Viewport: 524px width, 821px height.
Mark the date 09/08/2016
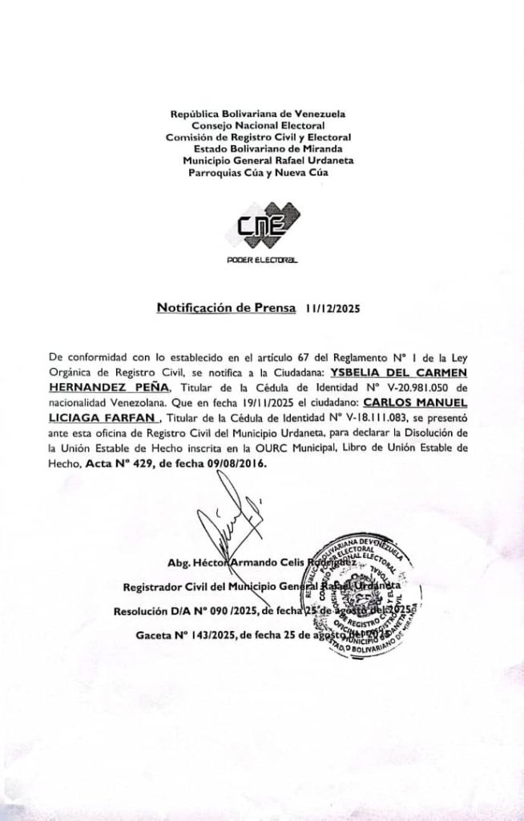click(x=237, y=463)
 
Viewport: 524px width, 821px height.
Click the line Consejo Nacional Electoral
click(x=257, y=125)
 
